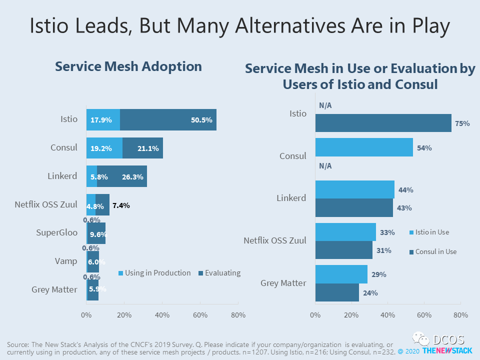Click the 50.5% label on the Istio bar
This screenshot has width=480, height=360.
tap(201, 120)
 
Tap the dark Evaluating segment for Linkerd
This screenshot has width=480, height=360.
tap(122, 176)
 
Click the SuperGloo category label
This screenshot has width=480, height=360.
tap(56, 232)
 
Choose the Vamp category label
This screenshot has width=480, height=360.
tap(65, 260)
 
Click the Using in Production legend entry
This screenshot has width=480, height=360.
tap(154, 273)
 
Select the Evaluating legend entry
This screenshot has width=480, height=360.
tap(219, 273)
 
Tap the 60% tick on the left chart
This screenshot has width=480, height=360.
tap(200, 315)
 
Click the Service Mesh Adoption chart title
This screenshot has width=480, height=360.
tap(128, 66)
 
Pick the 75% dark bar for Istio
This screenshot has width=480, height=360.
tap(383, 123)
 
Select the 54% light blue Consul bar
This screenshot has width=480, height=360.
tap(364, 147)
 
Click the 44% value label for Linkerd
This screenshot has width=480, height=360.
tap(405, 190)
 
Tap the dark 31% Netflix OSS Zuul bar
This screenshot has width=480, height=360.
tap(343, 250)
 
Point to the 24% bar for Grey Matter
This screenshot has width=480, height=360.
tap(336, 292)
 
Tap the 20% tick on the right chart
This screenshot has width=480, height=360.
tap(351, 315)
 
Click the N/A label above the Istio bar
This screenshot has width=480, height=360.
tap(325, 105)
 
